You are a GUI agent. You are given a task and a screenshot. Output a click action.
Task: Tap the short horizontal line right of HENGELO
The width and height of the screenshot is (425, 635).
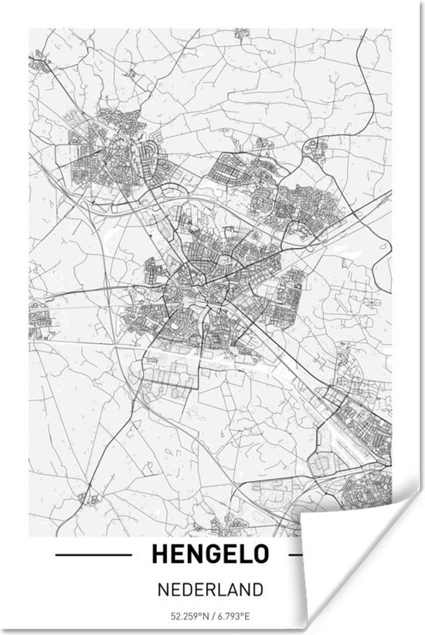(x=294, y=554)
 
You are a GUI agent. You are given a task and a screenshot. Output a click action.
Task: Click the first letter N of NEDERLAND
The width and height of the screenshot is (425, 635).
(x=160, y=589)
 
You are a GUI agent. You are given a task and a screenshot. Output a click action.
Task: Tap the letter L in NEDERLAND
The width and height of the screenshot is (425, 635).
(x=222, y=589)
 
